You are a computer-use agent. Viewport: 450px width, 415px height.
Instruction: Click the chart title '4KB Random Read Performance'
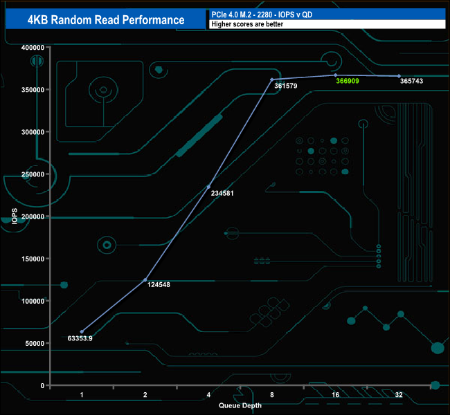click(106, 20)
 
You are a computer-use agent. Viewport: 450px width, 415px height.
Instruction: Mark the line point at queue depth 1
click(82, 331)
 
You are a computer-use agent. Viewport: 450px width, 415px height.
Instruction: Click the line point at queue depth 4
click(208, 187)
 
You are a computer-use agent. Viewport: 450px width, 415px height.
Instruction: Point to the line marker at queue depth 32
click(399, 76)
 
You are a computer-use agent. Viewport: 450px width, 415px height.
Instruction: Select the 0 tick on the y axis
click(42, 385)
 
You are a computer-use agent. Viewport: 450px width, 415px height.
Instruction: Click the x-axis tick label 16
click(335, 395)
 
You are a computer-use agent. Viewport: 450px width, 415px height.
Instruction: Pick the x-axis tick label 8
click(272, 395)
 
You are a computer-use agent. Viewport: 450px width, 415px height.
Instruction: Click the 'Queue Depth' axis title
click(240, 405)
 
